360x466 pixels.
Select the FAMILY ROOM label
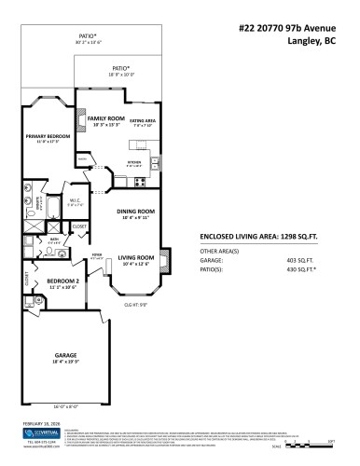[106, 119]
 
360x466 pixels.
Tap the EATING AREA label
[143, 121]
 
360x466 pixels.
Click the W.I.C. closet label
[55, 200]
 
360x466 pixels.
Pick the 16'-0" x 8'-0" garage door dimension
[63, 406]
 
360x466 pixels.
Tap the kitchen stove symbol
[139, 181]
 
